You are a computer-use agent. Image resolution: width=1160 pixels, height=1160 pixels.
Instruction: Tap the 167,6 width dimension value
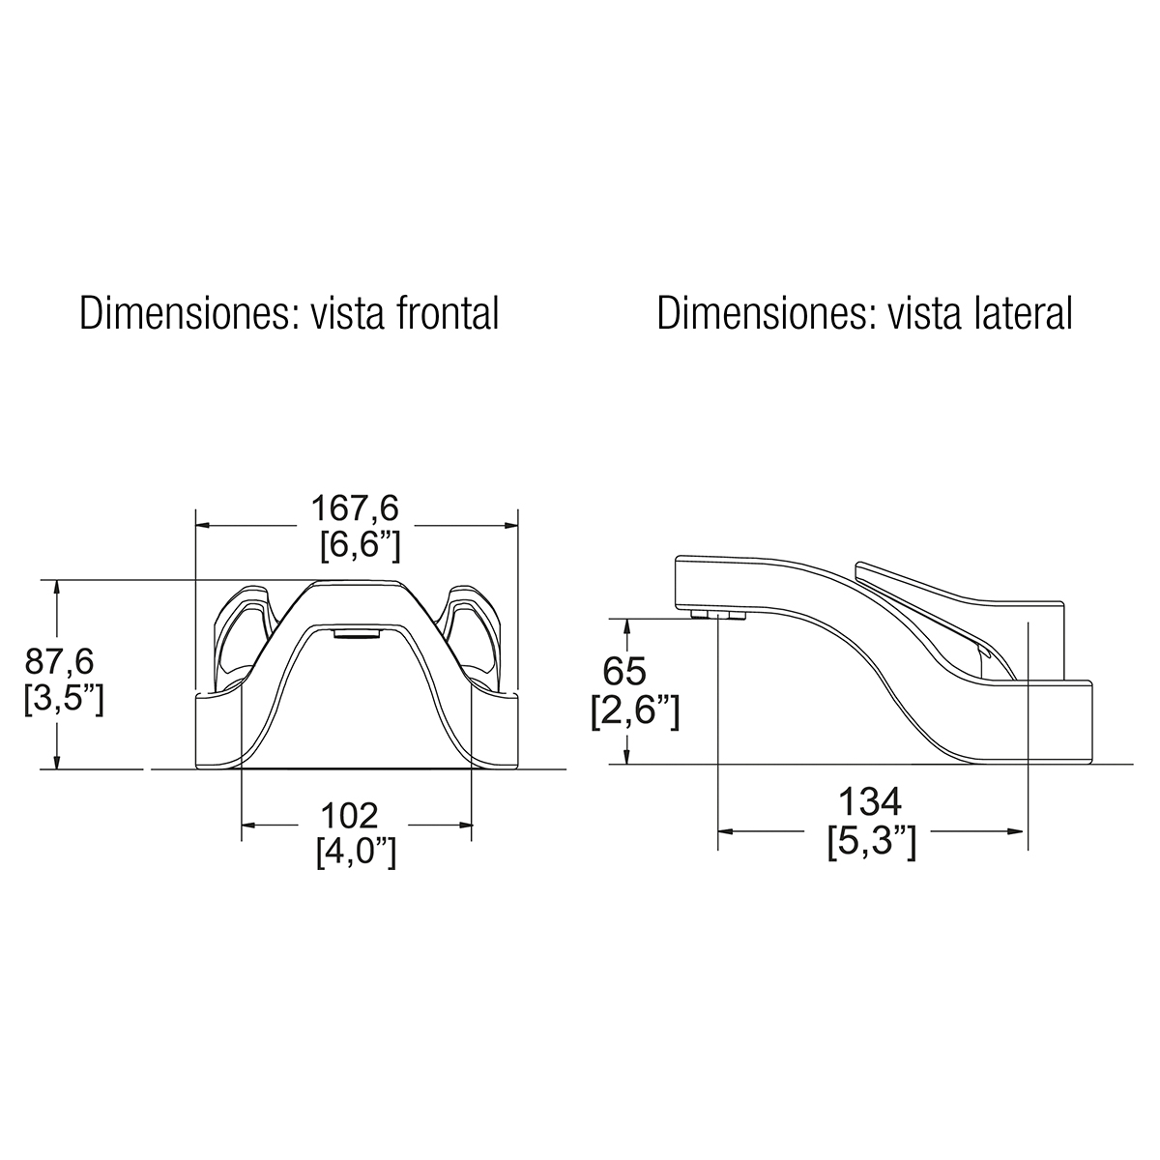click(355, 508)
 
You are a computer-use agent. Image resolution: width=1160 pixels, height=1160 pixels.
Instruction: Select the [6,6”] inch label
click(360, 547)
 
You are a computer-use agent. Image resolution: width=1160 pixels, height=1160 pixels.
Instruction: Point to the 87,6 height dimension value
click(59, 662)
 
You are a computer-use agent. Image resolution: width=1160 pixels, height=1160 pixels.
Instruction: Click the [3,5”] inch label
click(64, 700)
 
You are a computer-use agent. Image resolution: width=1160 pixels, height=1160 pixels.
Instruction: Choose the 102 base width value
click(349, 816)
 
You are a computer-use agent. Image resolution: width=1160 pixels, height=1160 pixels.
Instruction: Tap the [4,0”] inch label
click(357, 854)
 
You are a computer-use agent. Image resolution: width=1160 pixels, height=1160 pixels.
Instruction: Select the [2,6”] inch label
click(636, 712)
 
